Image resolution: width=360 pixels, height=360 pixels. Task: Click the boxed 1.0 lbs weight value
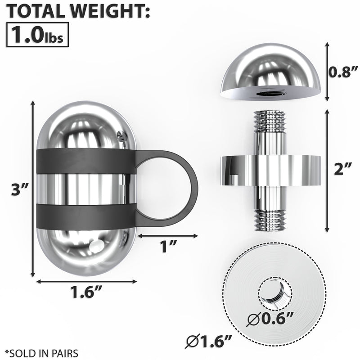click(37, 34)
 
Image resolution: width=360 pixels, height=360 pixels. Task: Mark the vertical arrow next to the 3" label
click(32, 189)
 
